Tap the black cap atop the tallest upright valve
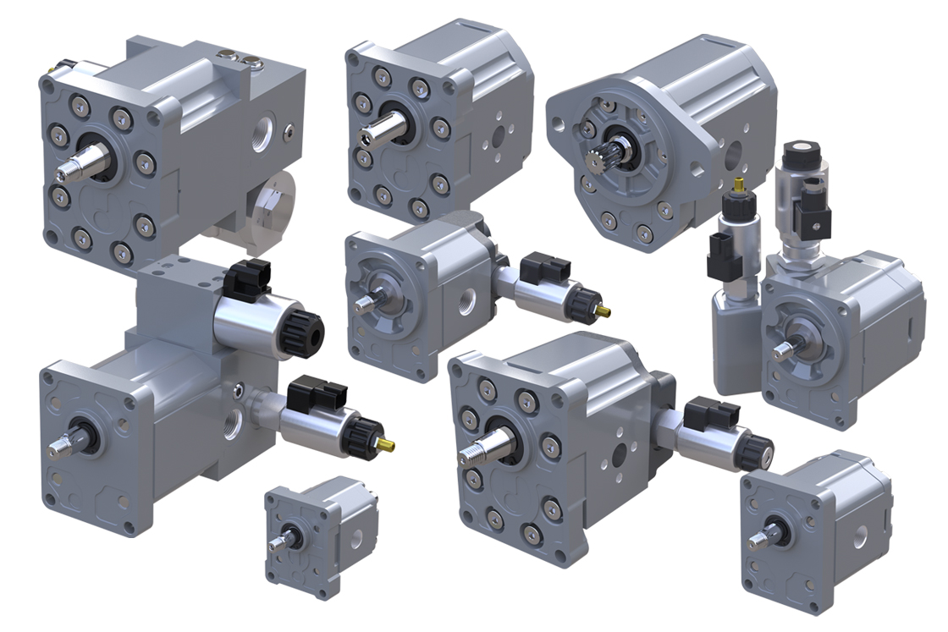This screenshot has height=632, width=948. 798,156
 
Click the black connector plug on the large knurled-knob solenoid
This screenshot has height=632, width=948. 249,278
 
